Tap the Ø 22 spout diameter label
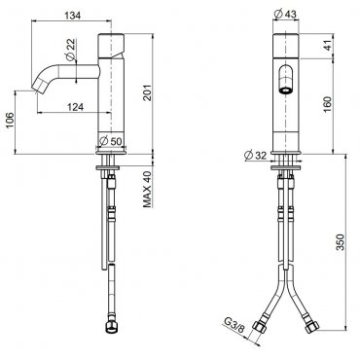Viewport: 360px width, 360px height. point(70,50)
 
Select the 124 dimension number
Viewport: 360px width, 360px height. point(75,107)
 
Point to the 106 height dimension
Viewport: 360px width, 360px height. point(11,120)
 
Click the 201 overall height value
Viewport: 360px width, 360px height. point(148,92)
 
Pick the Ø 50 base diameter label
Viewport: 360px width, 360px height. point(111,141)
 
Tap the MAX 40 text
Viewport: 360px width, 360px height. point(148,189)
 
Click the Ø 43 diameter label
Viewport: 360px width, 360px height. point(285,15)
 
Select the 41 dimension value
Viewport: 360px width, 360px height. point(328,46)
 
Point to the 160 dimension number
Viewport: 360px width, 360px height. point(328,104)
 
